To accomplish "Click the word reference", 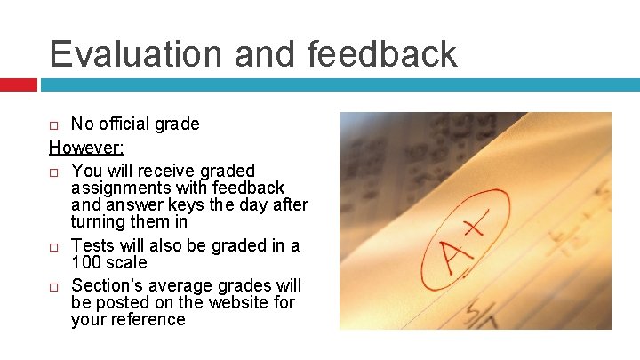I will point(146,320).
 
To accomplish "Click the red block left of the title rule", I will point(18,85).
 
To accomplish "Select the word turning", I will point(100,221).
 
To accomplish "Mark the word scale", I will point(127,263).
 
